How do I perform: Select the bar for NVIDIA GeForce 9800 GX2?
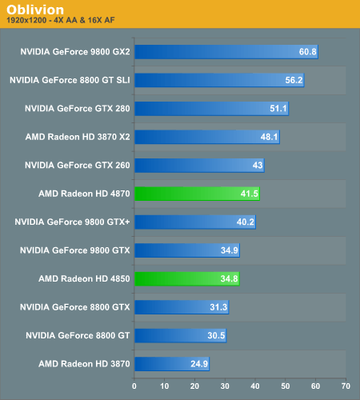226,52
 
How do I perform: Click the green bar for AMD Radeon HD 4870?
197,193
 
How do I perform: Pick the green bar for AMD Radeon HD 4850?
186,278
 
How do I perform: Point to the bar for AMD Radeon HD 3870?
172,364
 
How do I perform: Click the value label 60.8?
308,52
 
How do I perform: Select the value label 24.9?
199,364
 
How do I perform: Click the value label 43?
258,165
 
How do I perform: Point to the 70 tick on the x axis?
345,386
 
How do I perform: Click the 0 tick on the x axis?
134,386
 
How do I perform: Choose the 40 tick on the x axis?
254,386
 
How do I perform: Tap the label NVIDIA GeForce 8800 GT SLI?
70,80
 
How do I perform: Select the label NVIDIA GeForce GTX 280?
78,108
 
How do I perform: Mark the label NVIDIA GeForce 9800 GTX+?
73,222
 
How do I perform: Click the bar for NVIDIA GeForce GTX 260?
199,165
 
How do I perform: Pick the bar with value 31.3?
182,307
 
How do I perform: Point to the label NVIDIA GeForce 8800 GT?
78,335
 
